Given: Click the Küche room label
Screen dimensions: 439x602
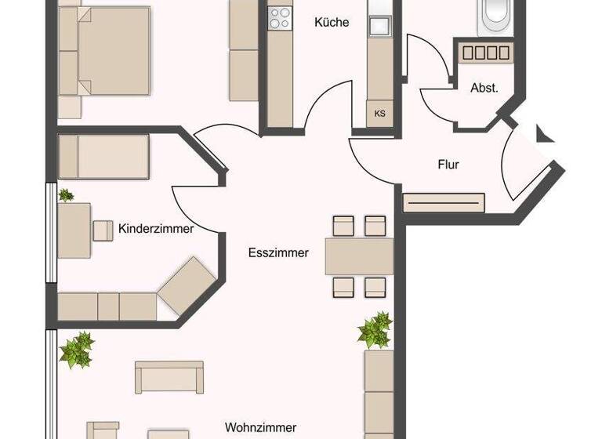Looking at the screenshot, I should coord(332,23).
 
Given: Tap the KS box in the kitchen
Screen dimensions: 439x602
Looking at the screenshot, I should coord(380,114).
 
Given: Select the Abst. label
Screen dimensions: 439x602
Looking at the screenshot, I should coord(484,89).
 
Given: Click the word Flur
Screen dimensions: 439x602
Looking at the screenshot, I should coord(448,165).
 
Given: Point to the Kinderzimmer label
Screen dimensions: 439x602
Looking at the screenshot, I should coord(156,230).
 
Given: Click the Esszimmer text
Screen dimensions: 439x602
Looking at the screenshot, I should coord(278,252).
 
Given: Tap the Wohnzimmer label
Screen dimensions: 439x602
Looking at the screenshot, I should coord(260,427).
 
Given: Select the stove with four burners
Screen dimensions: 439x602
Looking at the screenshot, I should coord(280,17).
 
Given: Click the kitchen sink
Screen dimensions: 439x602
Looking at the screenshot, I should coord(380,25).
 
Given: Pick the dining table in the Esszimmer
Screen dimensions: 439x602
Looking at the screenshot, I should coord(359,256).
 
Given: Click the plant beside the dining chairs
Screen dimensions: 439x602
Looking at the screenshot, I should coord(375,330).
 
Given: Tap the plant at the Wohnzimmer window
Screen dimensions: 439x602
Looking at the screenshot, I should coord(77,350).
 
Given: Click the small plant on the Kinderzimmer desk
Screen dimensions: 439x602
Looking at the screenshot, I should coord(66,195).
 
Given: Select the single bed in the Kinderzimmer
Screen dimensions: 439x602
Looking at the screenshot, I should coord(104,156).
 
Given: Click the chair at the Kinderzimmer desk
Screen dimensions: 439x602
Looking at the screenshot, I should coord(103,230).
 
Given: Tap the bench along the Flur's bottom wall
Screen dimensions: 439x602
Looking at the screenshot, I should coord(443,202).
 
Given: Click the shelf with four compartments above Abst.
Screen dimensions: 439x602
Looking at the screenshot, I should coord(485,53).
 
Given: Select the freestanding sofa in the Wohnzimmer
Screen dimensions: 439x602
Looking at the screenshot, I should coord(169,377).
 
